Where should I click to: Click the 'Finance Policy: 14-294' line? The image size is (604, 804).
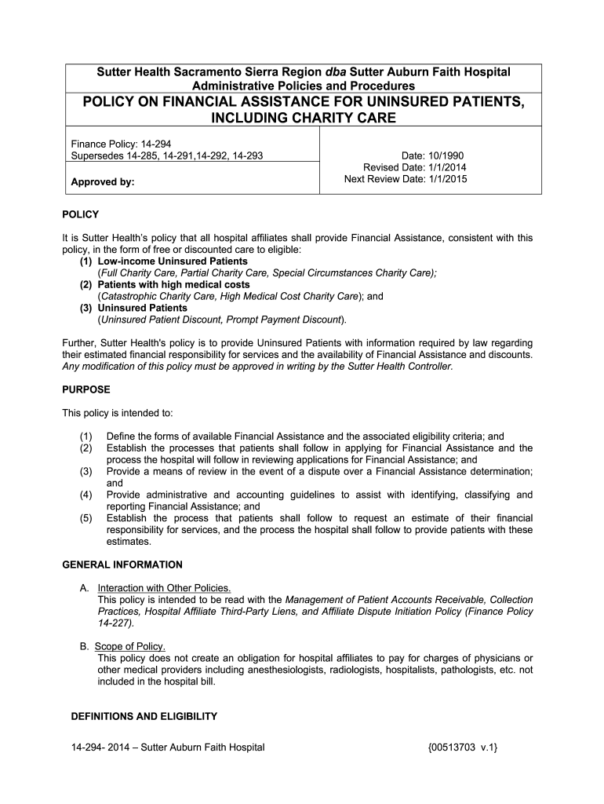click(122, 144)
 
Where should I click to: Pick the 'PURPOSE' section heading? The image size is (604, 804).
click(86, 389)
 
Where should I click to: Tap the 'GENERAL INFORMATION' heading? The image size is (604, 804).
click(122, 565)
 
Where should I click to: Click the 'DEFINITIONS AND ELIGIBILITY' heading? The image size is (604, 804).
click(144, 717)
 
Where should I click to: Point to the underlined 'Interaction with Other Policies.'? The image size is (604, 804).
click(164, 588)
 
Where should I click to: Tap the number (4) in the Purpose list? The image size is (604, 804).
click(86, 495)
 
